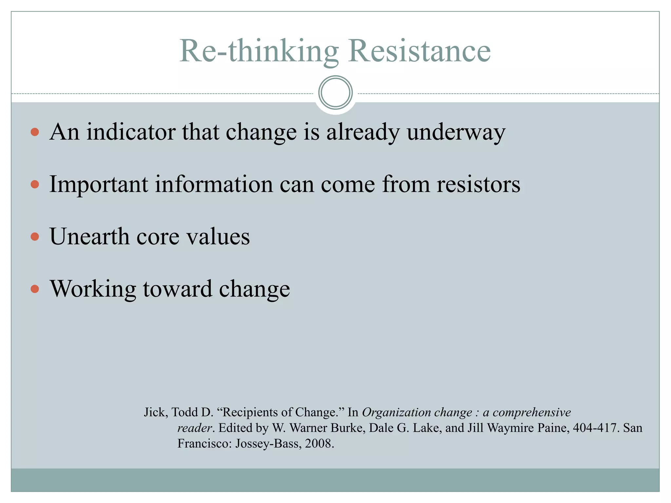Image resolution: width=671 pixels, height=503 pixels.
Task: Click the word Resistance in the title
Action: [x=419, y=51]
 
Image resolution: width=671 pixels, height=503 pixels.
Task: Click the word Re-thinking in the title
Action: [x=259, y=51]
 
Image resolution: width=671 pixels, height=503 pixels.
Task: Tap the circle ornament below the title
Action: [x=335, y=93]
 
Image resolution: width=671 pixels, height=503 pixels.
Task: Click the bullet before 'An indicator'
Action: [x=35, y=132]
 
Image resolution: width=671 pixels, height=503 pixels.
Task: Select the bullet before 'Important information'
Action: [x=35, y=185]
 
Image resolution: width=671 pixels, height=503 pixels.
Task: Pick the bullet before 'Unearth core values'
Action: [x=35, y=237]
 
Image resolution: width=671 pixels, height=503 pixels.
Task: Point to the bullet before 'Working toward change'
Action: [x=35, y=289]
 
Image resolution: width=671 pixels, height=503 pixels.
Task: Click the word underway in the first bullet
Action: [x=456, y=132]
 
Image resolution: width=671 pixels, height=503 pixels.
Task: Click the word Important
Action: [x=99, y=184]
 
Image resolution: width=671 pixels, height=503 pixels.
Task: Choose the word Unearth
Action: [x=89, y=236]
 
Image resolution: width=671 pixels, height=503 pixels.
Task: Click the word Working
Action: [x=93, y=289]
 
